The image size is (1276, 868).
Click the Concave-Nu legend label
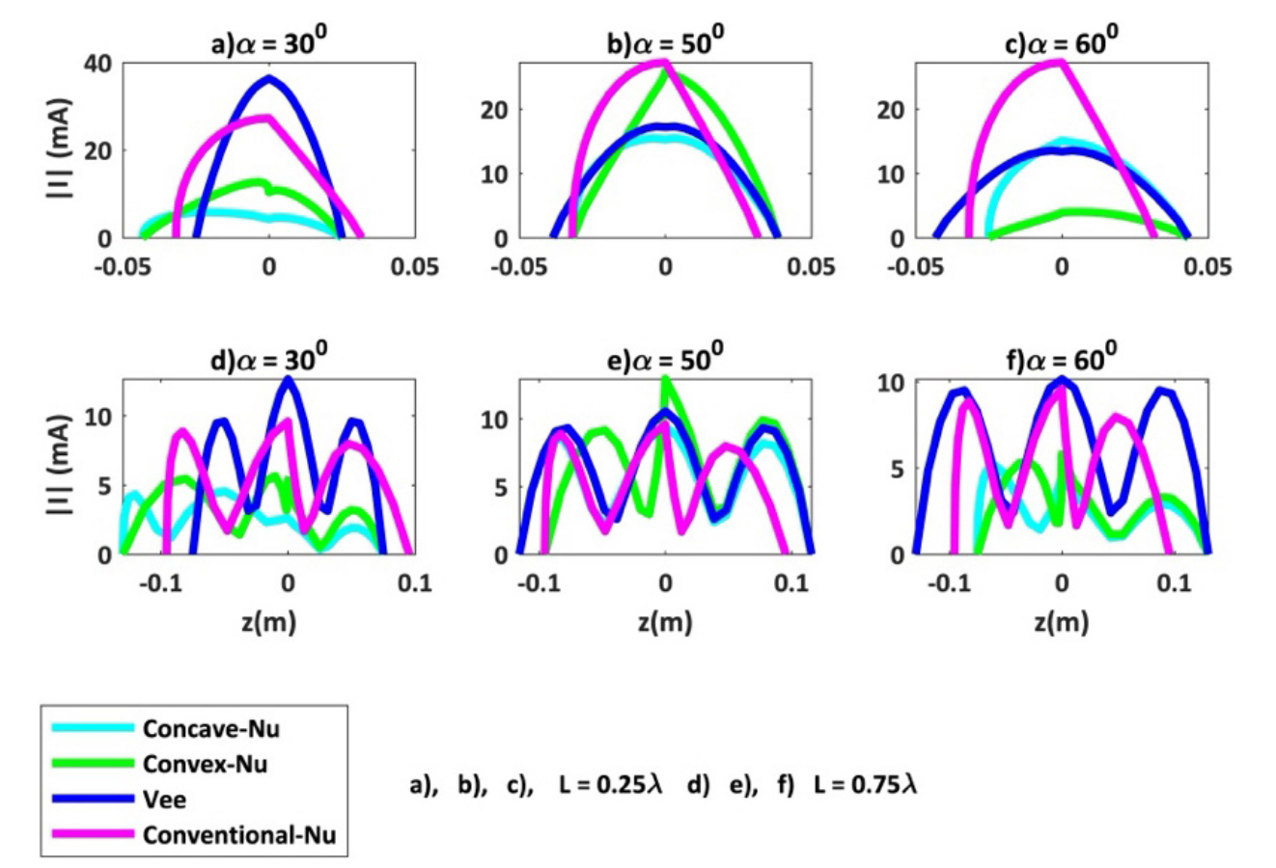(x=210, y=728)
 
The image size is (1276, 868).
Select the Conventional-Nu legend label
(x=239, y=834)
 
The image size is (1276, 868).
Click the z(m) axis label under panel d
(x=269, y=624)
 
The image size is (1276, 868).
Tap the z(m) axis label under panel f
(x=1062, y=624)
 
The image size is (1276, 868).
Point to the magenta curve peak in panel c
(x=1061, y=62)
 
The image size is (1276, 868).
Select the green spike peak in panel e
(x=665, y=378)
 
